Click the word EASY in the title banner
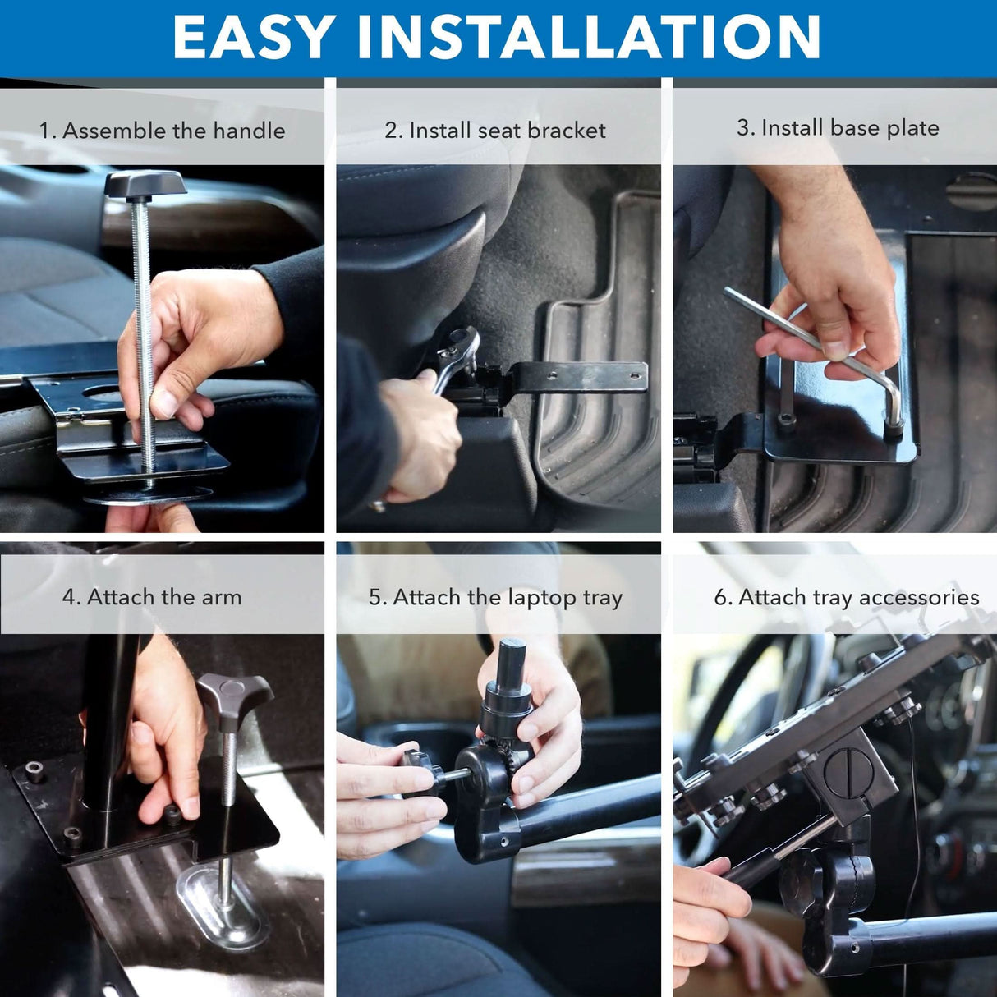point(253,37)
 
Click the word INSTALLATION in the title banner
point(588,37)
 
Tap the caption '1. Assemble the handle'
point(162,131)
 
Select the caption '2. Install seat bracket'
point(495,131)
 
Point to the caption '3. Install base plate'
point(838,128)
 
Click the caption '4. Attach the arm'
point(152,597)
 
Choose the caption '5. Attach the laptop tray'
point(495,598)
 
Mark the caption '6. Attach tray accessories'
point(846,598)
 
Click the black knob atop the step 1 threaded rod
point(145,184)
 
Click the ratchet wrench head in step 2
point(461,345)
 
